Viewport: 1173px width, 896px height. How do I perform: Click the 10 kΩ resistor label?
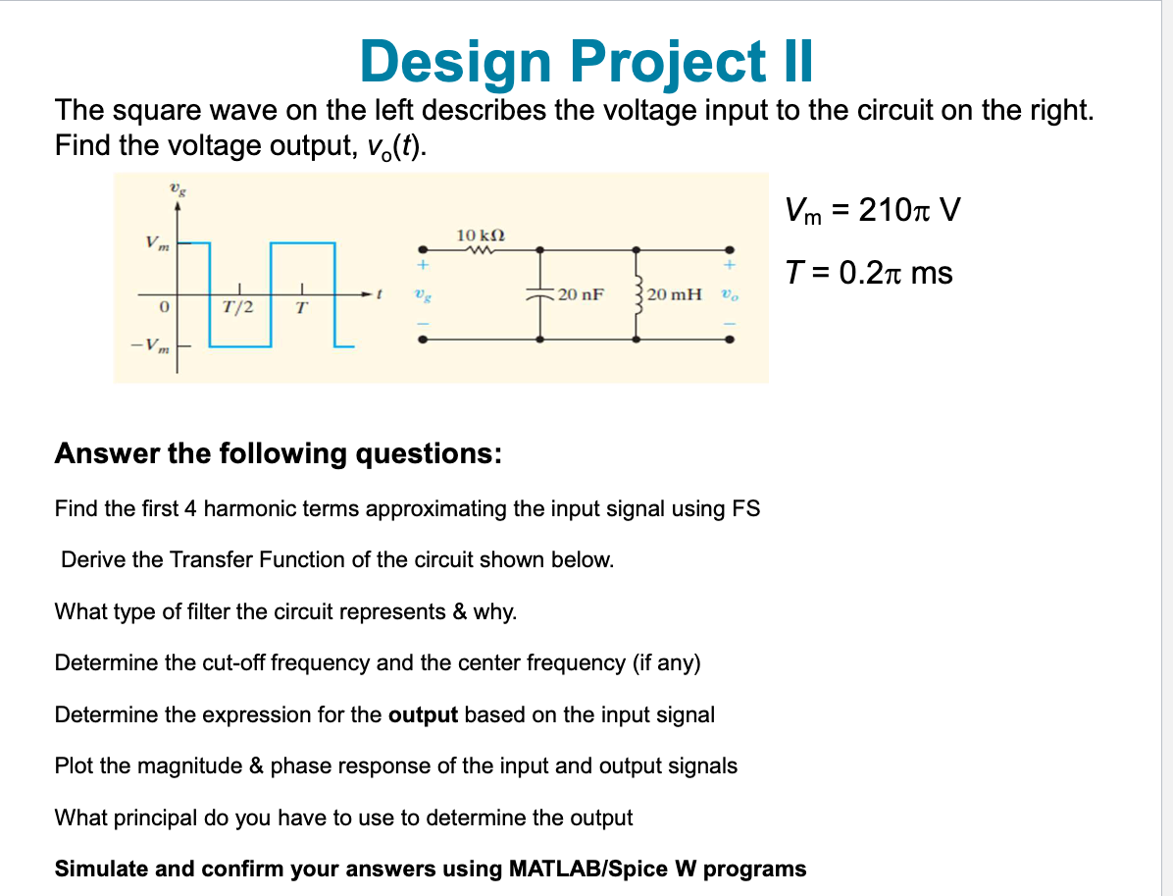click(x=481, y=235)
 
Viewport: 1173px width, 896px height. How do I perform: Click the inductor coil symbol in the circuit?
click(x=639, y=292)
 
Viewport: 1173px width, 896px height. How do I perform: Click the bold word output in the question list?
click(x=423, y=714)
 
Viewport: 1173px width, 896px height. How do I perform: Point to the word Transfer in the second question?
click(x=209, y=560)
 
